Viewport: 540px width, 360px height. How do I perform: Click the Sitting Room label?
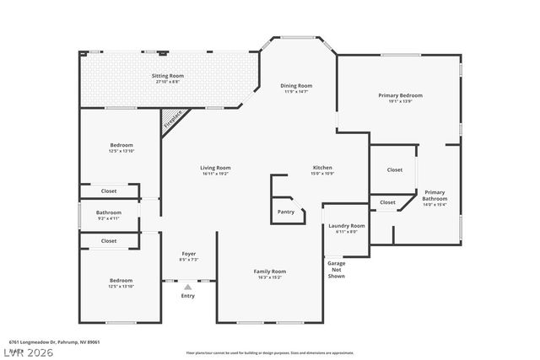(x=167, y=76)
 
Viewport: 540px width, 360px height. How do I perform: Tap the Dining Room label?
(x=296, y=85)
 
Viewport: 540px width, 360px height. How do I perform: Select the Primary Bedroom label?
(x=400, y=95)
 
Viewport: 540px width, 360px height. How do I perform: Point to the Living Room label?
(x=216, y=168)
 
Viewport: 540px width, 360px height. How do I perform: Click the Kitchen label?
(x=323, y=168)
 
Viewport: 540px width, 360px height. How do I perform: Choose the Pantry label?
(x=287, y=212)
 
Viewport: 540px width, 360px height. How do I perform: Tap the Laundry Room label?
(x=346, y=226)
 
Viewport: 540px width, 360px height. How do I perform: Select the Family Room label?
(x=270, y=271)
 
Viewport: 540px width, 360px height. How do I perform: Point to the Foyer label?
(x=189, y=254)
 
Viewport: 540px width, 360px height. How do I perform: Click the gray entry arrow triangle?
(x=188, y=287)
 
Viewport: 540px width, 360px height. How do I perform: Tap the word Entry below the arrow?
(x=188, y=296)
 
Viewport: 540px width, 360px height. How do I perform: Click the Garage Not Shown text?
(x=337, y=269)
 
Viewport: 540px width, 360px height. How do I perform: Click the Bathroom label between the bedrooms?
(x=109, y=212)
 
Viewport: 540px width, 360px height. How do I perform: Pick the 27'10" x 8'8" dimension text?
(x=167, y=82)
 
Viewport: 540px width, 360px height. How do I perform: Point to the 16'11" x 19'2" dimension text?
(x=216, y=174)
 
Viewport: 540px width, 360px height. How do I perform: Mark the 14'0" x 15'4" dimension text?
(x=434, y=205)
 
